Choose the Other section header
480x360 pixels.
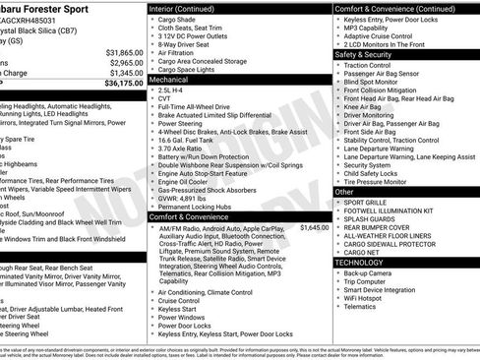click(x=343, y=192)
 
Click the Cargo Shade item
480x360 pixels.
click(x=177, y=21)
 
